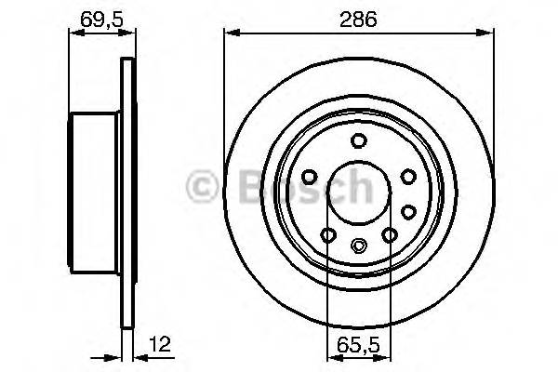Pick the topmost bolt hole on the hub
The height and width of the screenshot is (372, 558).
click(358, 141)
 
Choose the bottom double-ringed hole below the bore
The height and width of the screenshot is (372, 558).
click(358, 246)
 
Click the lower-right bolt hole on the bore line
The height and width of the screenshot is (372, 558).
click(391, 233)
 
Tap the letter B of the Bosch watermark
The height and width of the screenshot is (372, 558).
click(234, 187)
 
